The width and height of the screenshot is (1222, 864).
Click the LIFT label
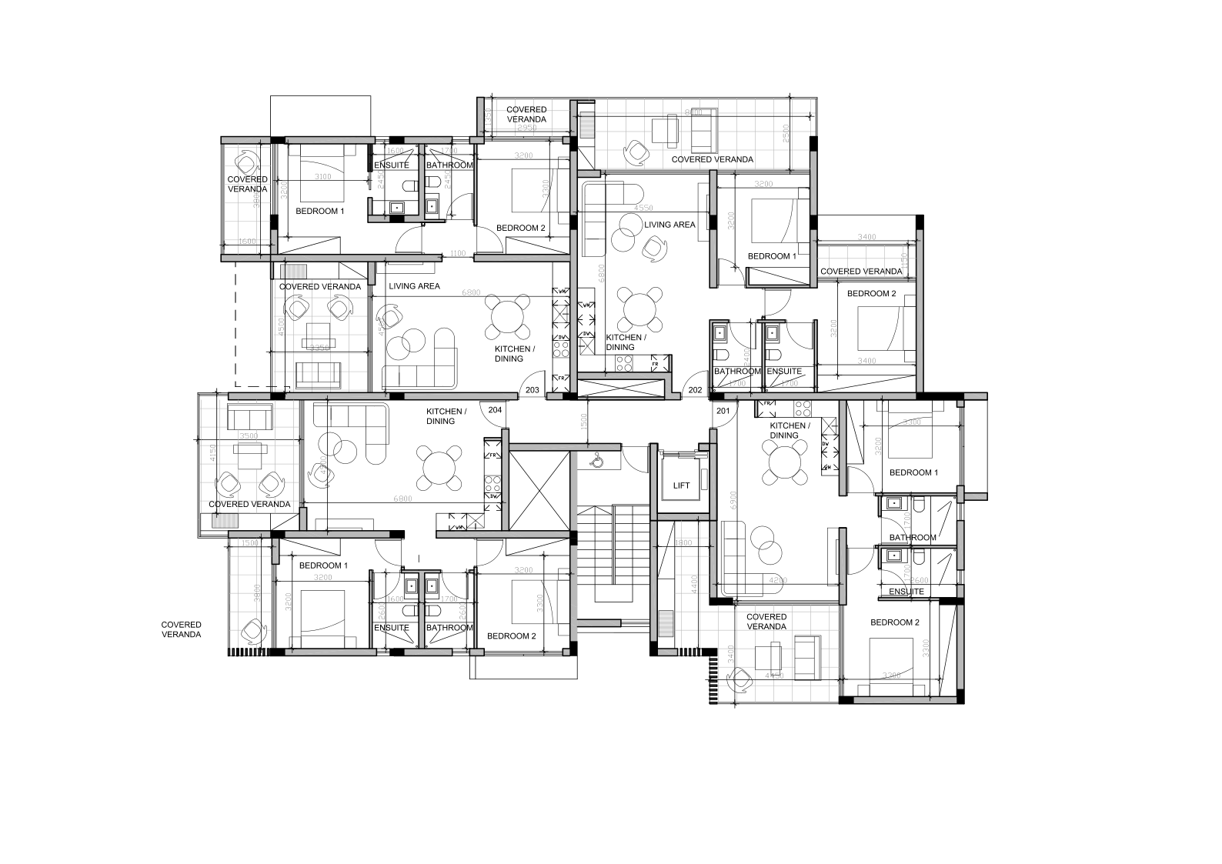[x=681, y=486]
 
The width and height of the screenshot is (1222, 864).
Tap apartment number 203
[x=532, y=390]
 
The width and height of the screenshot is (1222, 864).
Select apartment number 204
[x=495, y=410]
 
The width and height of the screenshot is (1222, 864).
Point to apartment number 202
[x=695, y=390]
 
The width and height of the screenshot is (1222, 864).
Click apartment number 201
[x=723, y=411]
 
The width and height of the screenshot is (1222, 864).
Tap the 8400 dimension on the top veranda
[x=694, y=112]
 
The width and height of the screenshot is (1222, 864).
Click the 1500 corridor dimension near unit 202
[x=584, y=421]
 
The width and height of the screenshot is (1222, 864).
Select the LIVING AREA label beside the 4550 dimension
[x=669, y=225]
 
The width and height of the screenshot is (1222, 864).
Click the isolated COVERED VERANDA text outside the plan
[x=182, y=629]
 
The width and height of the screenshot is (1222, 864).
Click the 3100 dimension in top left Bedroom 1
[x=323, y=177]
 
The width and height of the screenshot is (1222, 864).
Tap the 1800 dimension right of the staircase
[x=683, y=543]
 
